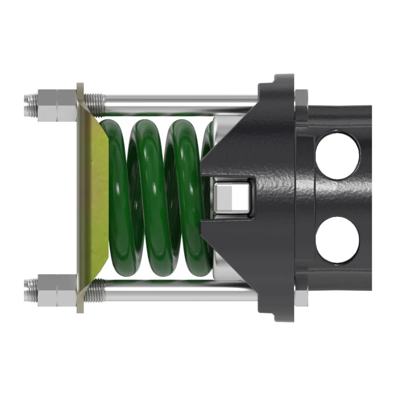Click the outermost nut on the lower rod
point(47,289)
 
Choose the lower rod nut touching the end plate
point(67,290)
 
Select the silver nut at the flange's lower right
point(301,297)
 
